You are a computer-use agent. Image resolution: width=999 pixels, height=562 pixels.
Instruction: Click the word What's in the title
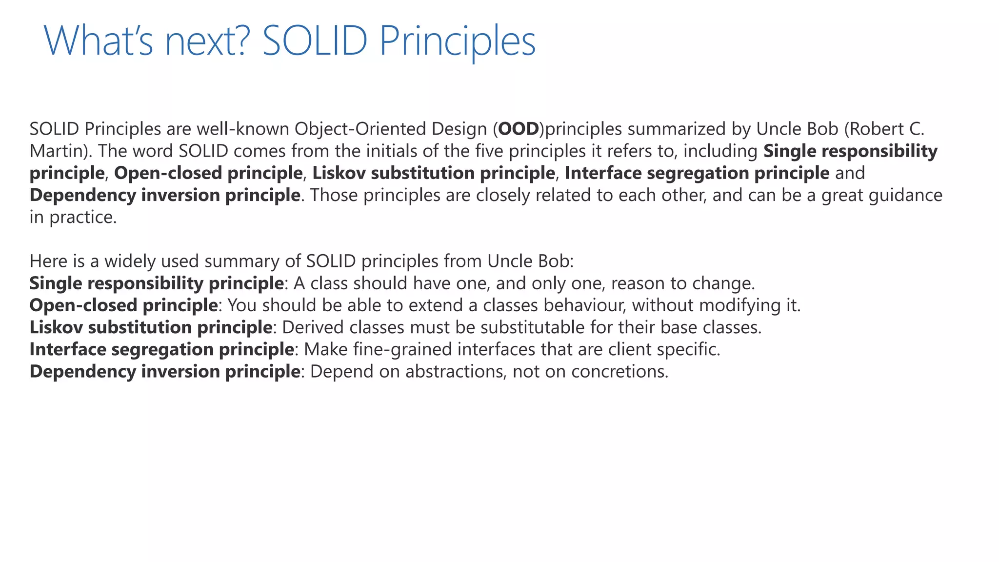click(98, 41)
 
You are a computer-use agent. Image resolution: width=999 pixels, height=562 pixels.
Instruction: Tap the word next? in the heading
click(207, 41)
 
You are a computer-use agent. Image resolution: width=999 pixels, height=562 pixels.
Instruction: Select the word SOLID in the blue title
click(315, 41)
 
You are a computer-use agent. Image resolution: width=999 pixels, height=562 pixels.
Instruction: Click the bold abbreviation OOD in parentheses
click(519, 129)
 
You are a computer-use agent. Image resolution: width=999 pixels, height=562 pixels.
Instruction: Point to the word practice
click(83, 217)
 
